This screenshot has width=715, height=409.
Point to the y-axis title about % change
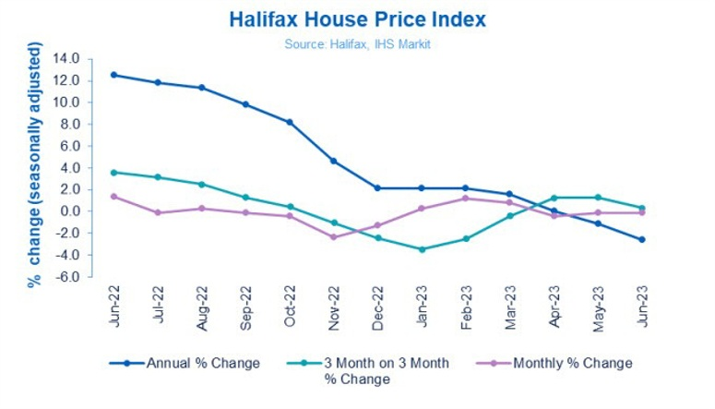34,165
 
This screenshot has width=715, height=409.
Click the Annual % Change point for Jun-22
113,75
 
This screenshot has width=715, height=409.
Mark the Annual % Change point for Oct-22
289,122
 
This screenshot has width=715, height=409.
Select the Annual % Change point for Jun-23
641,240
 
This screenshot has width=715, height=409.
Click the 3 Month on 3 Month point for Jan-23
421,249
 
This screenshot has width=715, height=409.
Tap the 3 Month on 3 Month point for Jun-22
113,172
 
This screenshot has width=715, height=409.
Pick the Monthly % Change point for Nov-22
333,237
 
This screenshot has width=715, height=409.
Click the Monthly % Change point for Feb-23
465,198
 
